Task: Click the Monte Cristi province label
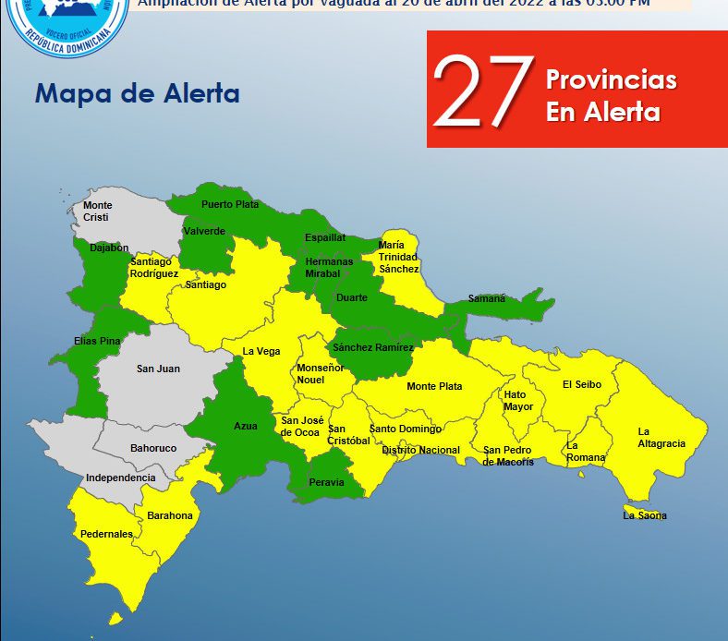coord(97,211)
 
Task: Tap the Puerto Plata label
coord(230,204)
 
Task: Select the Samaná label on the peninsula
coord(486,298)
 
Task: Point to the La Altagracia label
coord(661,438)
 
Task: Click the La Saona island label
coord(645,515)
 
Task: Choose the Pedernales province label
coord(105,534)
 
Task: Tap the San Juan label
coord(158,369)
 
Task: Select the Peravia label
coord(326,482)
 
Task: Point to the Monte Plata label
coord(434,386)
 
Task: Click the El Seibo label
coord(582,384)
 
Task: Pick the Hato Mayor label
coord(518,400)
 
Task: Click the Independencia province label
coord(120,478)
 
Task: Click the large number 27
coord(483,90)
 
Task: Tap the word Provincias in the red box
coord(611,79)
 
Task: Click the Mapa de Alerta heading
coord(137,93)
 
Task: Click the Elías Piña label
coord(97,341)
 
